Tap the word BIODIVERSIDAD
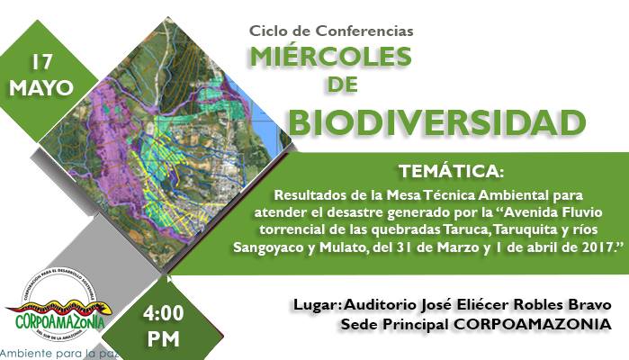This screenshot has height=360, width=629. pyautogui.click(x=431, y=121)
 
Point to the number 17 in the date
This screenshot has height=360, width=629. pyautogui.click(x=41, y=62)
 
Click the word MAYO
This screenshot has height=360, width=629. pyautogui.click(x=41, y=88)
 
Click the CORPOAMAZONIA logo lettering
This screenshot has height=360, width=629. pyautogui.click(x=61, y=319)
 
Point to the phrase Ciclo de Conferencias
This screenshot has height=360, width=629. pyautogui.click(x=331, y=31)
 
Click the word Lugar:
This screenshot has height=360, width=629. pyautogui.click(x=315, y=304)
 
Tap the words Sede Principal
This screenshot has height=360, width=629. pyautogui.click(x=388, y=323)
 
